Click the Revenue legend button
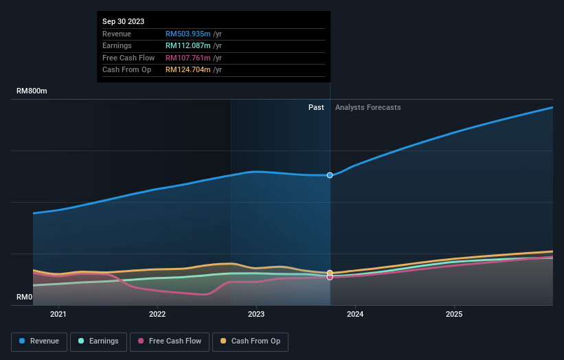coord(39,341)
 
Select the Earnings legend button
coord(98,341)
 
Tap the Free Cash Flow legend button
coord(170,341)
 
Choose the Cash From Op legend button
coord(251,341)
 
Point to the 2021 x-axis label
coord(59,315)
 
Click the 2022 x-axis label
coord(157,315)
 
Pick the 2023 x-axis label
coord(256,315)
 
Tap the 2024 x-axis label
coord(355,315)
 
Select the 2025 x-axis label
coord(453,315)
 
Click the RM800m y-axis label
coord(32,91)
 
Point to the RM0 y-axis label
coord(25,297)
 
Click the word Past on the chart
coord(316,107)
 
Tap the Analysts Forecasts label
coord(368,107)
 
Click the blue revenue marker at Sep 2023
coord(330,175)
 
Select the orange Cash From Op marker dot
coord(330,273)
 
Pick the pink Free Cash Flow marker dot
coord(330,277)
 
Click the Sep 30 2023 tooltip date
coord(124,22)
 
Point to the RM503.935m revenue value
coord(188,34)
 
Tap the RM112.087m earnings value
coord(188,46)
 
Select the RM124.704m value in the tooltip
coord(188,69)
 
